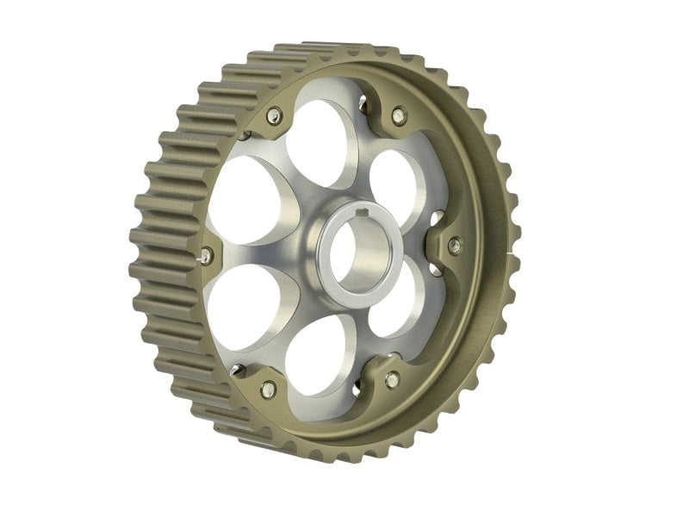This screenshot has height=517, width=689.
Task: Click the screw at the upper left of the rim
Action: coord(274,116)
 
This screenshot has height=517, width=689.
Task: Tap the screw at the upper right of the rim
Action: coord(398,114)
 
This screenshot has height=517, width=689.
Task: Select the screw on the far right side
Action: coord(455,246)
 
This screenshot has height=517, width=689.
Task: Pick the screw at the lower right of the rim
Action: coord(392,379)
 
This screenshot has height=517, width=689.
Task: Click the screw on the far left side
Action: coord(208,254)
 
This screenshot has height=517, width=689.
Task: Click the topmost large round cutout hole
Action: coord(321,141)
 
